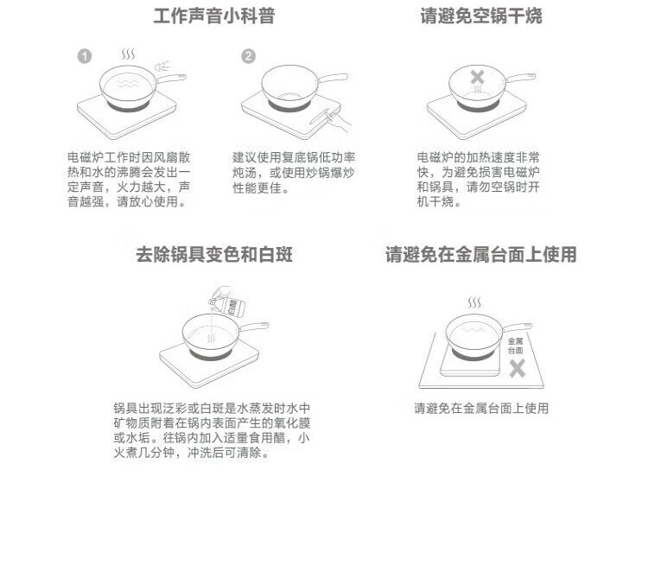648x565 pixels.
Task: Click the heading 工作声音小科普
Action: click(214, 16)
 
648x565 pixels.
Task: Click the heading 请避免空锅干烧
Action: click(481, 16)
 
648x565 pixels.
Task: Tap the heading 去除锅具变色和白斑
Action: click(214, 254)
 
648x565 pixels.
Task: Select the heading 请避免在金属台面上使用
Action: click(480, 254)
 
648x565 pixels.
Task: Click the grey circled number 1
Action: click(85, 56)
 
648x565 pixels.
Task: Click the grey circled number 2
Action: click(248, 56)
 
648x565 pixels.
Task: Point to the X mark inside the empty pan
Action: click(477, 77)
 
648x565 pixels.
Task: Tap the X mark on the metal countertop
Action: click(517, 368)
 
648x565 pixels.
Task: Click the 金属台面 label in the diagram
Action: click(515, 346)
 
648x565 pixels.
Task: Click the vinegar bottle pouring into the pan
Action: click(227, 302)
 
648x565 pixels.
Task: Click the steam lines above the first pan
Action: click(128, 54)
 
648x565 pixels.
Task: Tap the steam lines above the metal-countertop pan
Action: click(474, 302)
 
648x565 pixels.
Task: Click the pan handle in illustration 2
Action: click(333, 78)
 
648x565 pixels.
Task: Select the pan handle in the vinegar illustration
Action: click(254, 327)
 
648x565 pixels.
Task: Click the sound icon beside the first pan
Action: click(162, 67)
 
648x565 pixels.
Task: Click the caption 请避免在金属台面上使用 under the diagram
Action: click(481, 409)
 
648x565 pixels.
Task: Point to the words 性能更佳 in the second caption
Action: click(257, 187)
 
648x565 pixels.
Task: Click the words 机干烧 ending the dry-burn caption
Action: click(435, 201)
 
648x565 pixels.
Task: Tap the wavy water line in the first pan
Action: click(128, 84)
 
